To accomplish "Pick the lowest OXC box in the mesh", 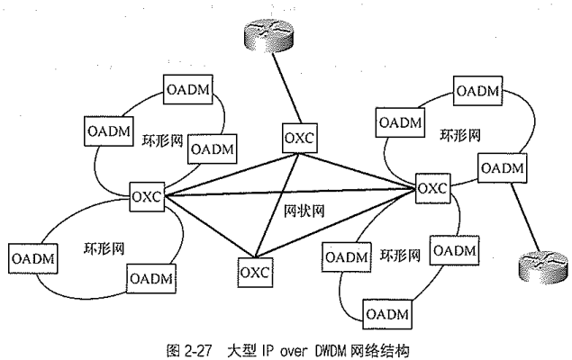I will point(255,268).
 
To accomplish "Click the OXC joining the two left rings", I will point(146,195).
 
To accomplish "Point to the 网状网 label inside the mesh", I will point(290,211).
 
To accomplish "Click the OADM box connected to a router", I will point(499,168).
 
